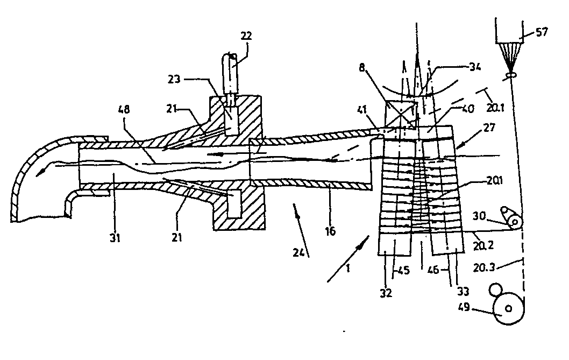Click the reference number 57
[x=541, y=32]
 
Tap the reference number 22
[x=246, y=36]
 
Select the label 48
[x=124, y=109]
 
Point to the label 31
[x=115, y=238]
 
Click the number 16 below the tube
[x=330, y=231]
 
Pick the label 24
[x=298, y=252]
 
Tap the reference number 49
[x=464, y=307]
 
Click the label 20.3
[x=484, y=268]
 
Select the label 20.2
[x=483, y=246]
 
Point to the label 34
[x=475, y=67]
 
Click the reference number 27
[x=489, y=128]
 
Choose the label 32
[x=386, y=293]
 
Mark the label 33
[x=463, y=291]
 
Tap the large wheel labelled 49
[x=509, y=308]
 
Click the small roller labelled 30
[x=515, y=221]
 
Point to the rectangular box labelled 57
[x=509, y=32]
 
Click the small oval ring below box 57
[x=510, y=75]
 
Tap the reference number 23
[x=174, y=79]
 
